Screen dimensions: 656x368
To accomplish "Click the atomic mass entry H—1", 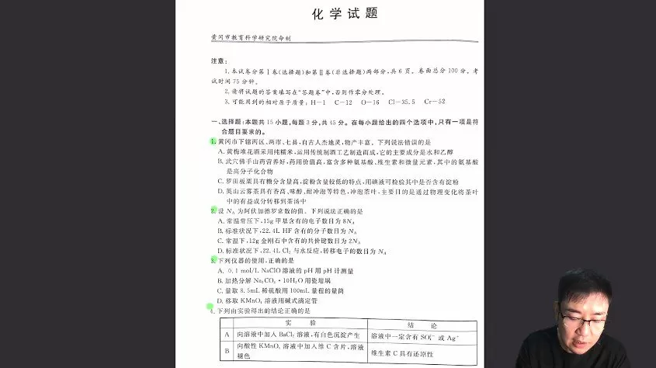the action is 318,102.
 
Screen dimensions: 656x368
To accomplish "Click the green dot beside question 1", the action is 212,141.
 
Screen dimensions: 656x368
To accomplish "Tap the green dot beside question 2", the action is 212,210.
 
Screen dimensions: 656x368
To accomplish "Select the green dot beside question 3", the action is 212,261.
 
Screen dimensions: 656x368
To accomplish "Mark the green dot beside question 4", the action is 210,307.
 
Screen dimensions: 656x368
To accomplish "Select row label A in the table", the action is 227,335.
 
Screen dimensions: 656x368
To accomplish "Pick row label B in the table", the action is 227,351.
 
